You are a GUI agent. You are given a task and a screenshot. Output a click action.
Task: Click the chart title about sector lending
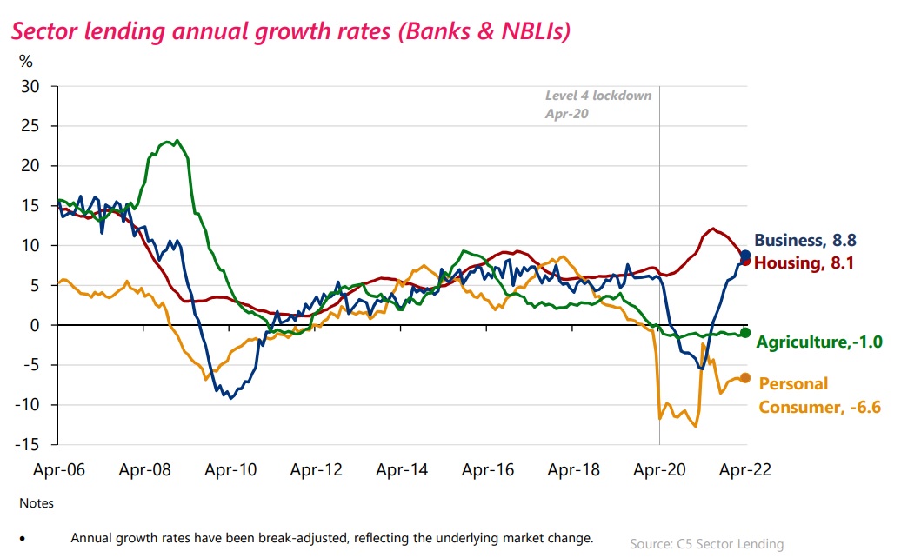pyautogui.click(x=289, y=32)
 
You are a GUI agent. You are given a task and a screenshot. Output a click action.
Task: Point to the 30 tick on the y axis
pyautogui.click(x=31, y=86)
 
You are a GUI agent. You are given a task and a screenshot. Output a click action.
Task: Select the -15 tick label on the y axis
pyautogui.click(x=28, y=444)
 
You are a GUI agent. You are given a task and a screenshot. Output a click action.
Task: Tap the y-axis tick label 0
pyautogui.click(x=37, y=325)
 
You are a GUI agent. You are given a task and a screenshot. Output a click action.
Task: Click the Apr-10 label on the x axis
pyautogui.click(x=230, y=470)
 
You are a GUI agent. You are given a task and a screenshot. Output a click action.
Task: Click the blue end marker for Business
pyautogui.click(x=745, y=256)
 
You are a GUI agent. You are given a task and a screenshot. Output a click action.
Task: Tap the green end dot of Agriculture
pyautogui.click(x=745, y=333)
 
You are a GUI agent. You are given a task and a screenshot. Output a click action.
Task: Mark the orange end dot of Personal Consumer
pyautogui.click(x=745, y=378)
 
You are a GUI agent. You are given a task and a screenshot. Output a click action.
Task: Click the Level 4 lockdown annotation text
pyautogui.click(x=598, y=104)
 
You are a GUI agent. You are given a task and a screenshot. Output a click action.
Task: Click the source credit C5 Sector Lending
pyautogui.click(x=706, y=544)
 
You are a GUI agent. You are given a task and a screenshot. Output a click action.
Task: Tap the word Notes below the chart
pyautogui.click(x=36, y=503)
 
